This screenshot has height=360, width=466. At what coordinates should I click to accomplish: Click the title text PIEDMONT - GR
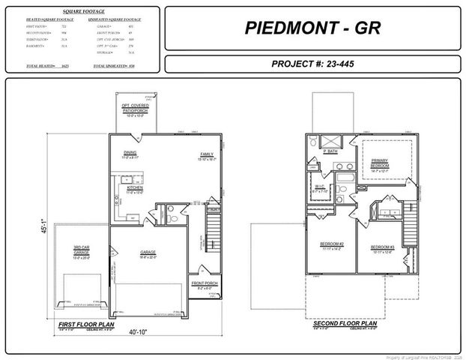click(x=312, y=28)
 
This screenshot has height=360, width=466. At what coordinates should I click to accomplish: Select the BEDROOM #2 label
click(x=330, y=244)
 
